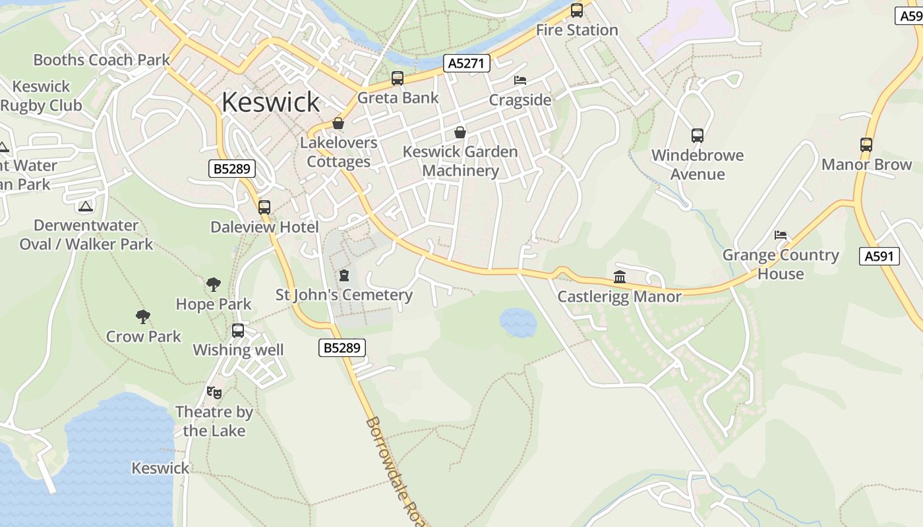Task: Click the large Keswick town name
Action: tap(270, 102)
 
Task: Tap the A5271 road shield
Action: tap(467, 63)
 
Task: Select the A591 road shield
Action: tap(879, 256)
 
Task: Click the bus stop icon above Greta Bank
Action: tap(397, 78)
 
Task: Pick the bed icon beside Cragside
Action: tap(520, 80)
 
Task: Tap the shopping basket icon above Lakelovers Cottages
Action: tap(338, 123)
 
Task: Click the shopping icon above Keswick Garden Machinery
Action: tap(460, 132)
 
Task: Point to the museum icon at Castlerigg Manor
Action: tap(619, 277)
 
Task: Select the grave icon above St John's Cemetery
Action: tap(343, 275)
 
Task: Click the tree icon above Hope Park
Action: tap(213, 285)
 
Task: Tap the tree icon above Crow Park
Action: tap(143, 317)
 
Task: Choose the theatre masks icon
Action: tap(214, 393)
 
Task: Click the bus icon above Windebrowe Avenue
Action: tap(698, 136)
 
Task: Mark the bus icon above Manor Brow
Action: tap(866, 145)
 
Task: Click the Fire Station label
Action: tap(577, 30)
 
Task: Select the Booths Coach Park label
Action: tap(102, 60)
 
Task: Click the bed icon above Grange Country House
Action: tap(781, 235)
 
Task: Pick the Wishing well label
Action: tap(238, 350)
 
